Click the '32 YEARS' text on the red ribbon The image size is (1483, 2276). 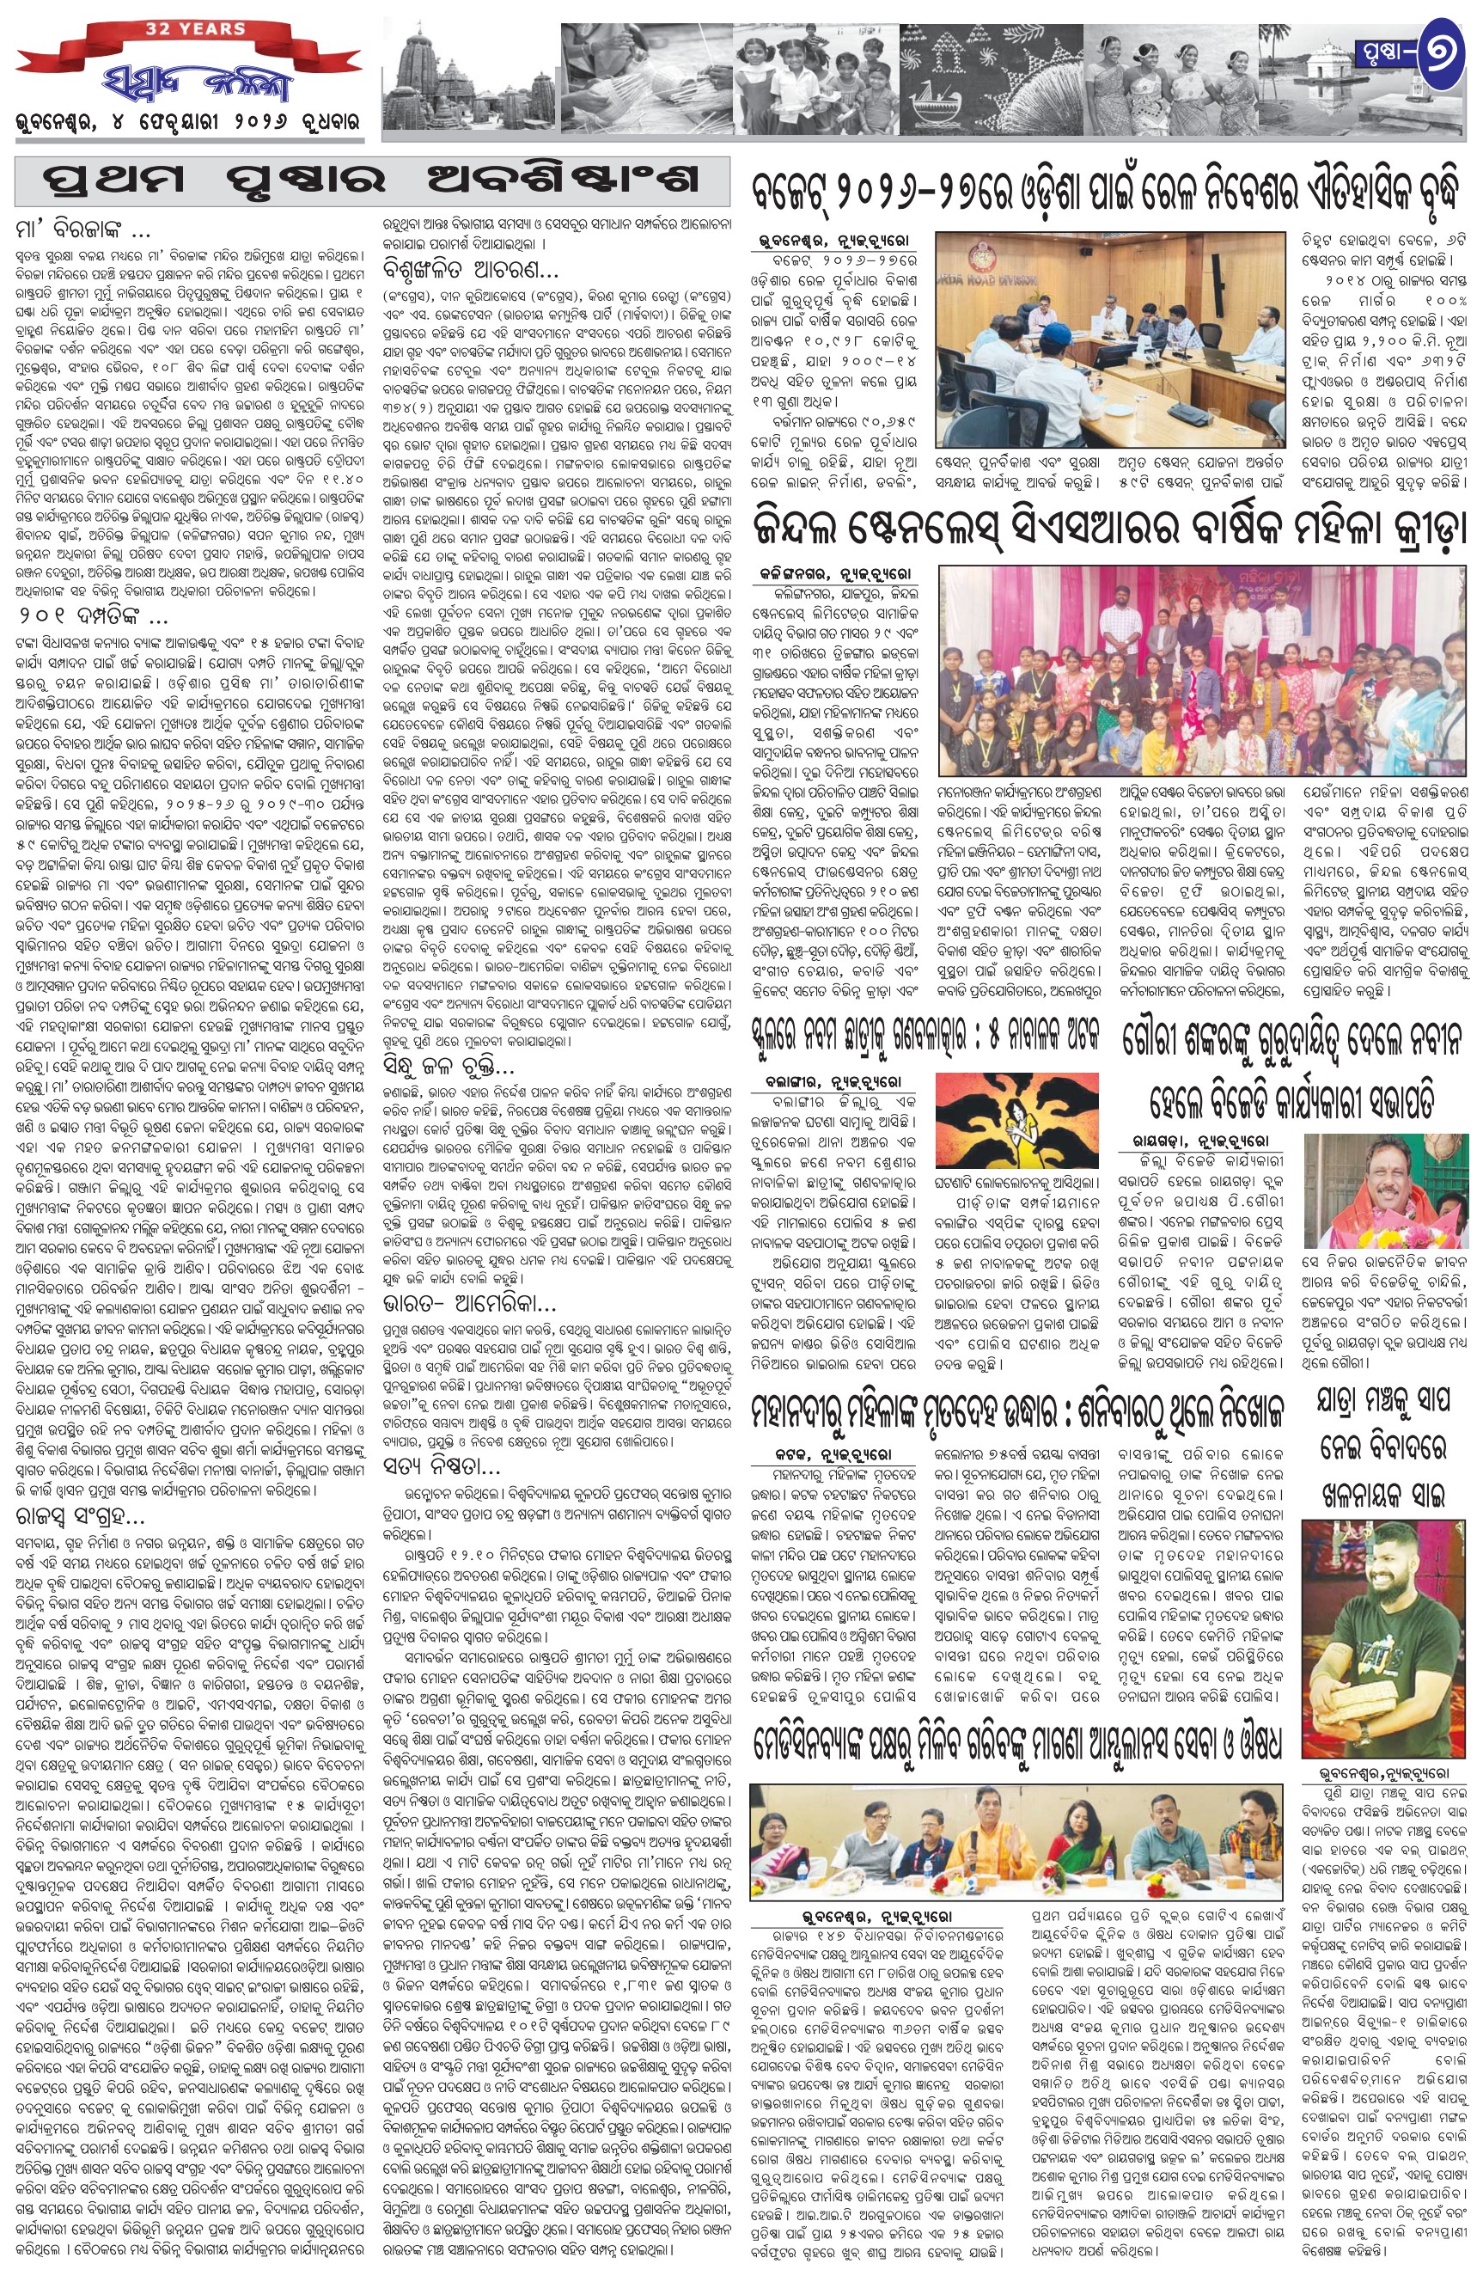(x=181, y=28)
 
